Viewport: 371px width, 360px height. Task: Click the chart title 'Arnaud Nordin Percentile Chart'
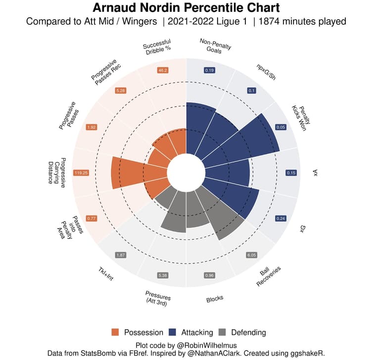185,8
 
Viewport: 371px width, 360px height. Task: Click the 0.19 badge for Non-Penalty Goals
209,70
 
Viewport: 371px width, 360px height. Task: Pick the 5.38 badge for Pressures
163,275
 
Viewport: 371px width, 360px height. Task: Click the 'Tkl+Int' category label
105,274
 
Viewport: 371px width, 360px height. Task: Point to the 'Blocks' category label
214,299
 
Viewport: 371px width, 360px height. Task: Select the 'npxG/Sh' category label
265,69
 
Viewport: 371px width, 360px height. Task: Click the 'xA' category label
315,173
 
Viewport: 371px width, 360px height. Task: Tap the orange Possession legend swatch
116,332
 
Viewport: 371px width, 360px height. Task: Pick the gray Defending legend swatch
223,332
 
